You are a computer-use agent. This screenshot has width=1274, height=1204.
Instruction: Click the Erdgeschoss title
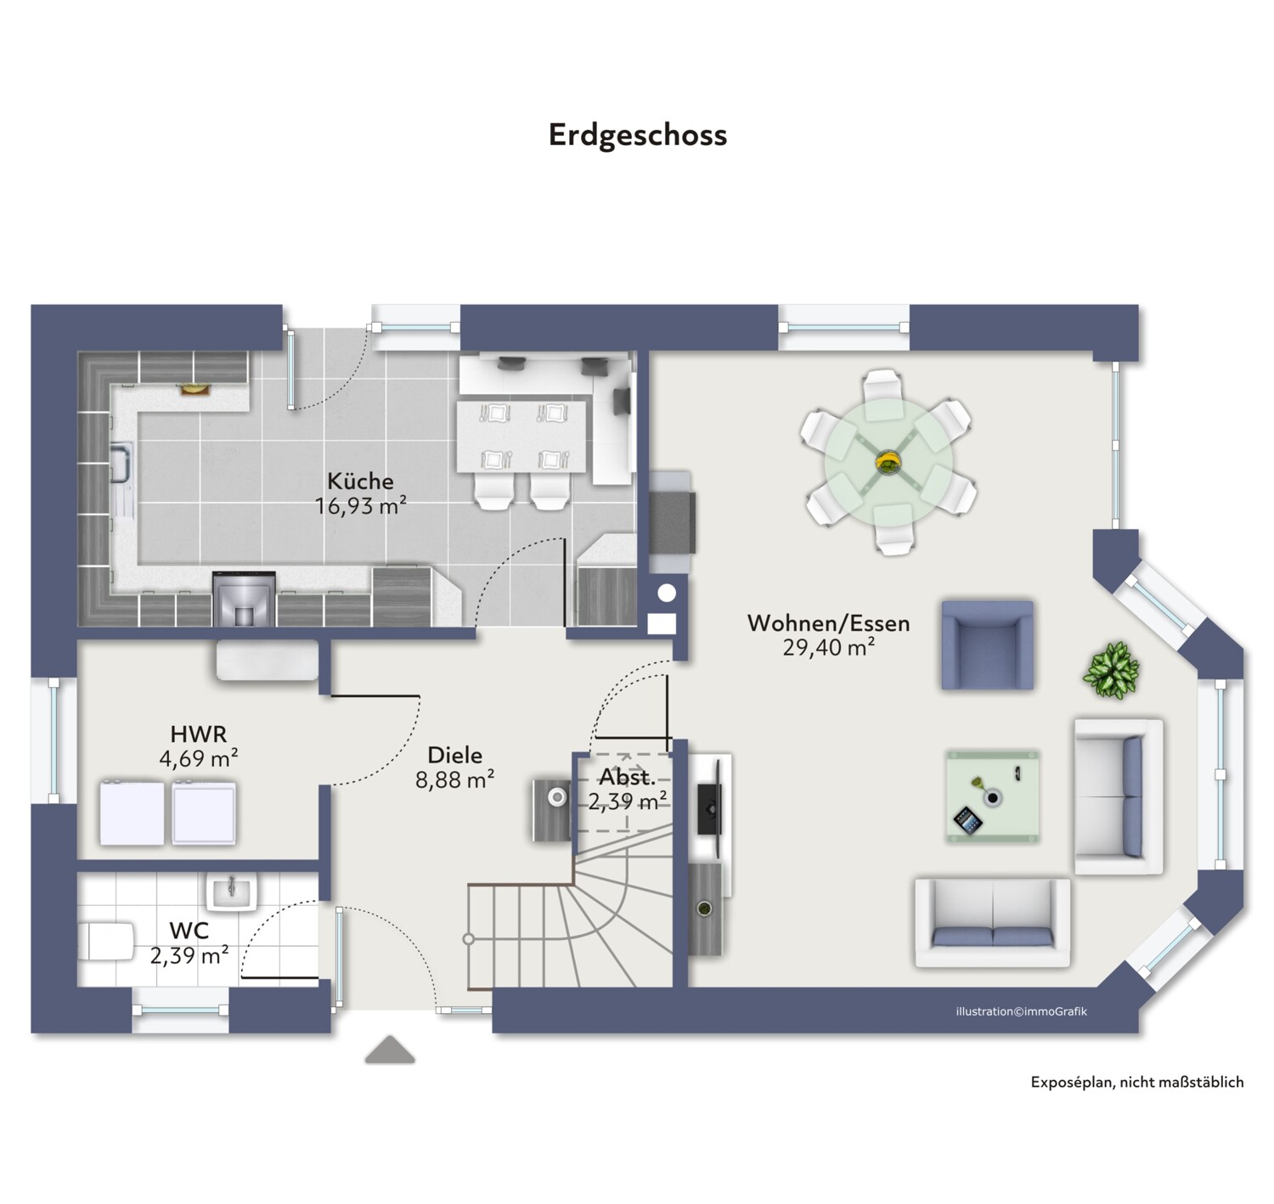pos(637,136)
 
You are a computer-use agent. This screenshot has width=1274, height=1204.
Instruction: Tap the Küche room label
pos(360,481)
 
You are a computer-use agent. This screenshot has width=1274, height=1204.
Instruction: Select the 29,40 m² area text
pos(828,647)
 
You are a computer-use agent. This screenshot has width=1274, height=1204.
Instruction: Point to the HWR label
pos(198,734)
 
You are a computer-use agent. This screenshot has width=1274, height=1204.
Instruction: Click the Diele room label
pos(455,755)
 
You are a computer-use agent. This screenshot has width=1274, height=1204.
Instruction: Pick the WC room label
pos(189,931)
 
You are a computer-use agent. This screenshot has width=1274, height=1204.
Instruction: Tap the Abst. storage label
pos(627,776)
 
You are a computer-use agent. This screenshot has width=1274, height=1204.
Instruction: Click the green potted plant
pos(1111,670)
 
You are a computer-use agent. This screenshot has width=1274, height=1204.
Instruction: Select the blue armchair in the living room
pos(987,644)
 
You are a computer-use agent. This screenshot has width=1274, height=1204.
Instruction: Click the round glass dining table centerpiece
pos(888,462)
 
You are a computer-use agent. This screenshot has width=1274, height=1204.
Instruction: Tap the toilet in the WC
pos(105,942)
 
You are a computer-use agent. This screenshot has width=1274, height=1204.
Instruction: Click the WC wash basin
pos(231,892)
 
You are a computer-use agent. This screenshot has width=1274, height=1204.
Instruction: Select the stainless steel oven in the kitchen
pos(244,599)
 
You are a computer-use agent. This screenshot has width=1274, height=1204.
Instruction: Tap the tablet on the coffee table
pos(968,820)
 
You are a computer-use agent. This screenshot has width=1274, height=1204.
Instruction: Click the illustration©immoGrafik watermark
pos(1021,1011)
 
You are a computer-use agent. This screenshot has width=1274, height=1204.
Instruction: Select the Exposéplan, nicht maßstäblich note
pos(1137,1083)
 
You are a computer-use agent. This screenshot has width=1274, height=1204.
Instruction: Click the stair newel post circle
pos(468,939)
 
